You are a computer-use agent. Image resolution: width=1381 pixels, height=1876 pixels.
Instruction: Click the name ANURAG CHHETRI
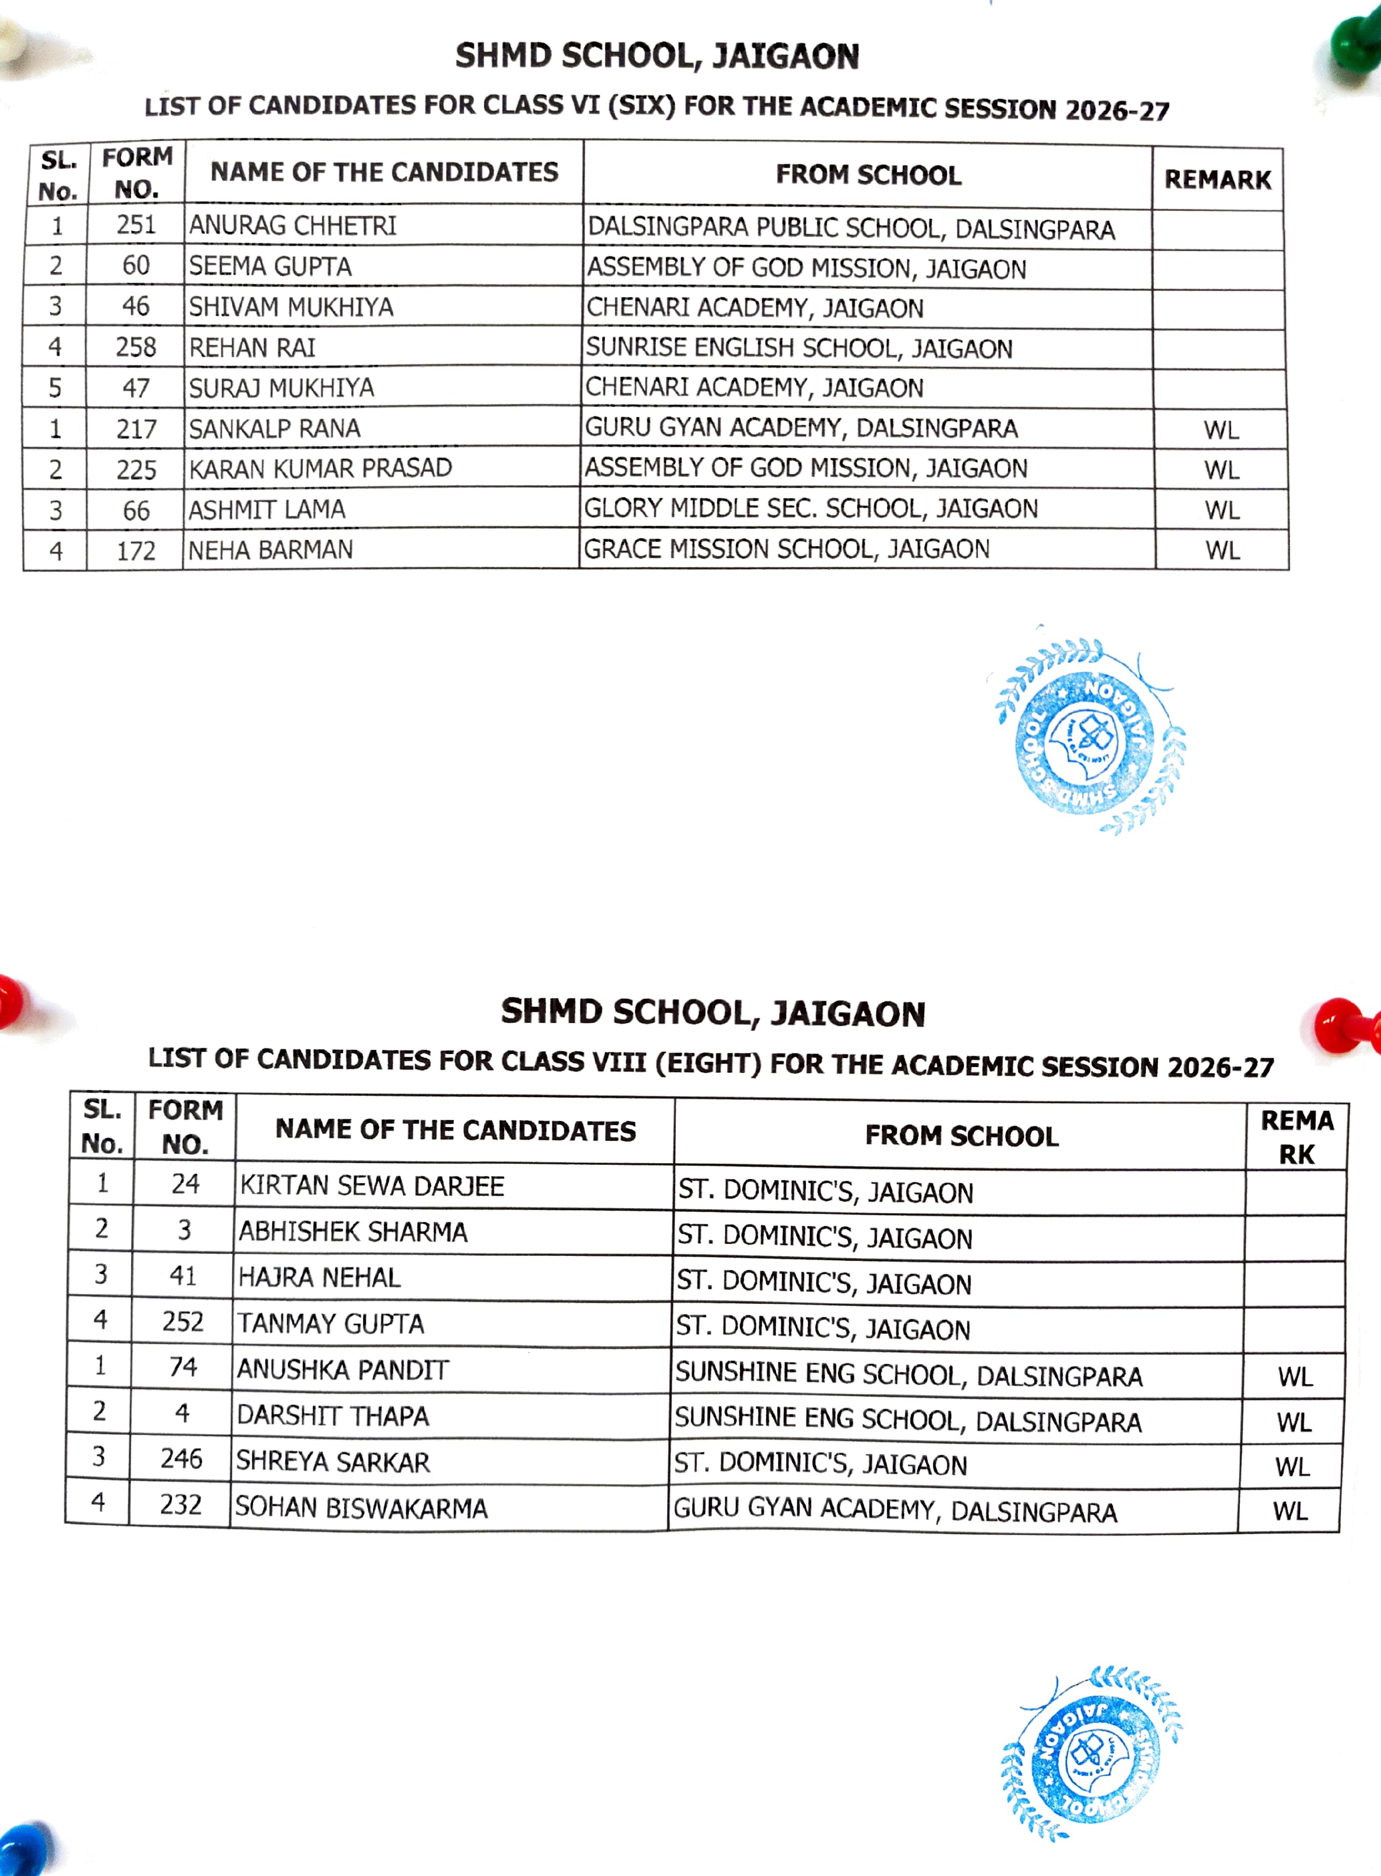click(x=293, y=226)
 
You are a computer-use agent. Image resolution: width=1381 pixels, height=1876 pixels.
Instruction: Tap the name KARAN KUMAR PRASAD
click(x=320, y=469)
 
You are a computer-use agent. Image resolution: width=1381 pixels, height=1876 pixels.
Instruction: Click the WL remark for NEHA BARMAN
click(x=1221, y=550)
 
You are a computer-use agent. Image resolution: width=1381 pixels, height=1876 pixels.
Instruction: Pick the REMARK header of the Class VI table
click(x=1217, y=180)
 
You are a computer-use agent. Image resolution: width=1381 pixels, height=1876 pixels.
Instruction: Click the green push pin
click(x=1355, y=46)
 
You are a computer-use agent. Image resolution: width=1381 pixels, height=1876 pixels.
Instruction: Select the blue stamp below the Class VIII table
click(x=1090, y=1755)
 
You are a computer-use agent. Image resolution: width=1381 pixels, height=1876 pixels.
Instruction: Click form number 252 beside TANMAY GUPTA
click(x=183, y=1322)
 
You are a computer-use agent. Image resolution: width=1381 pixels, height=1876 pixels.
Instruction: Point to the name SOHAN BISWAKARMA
click(x=361, y=1507)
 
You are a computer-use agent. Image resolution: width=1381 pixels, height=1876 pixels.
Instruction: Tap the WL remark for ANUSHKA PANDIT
click(x=1295, y=1376)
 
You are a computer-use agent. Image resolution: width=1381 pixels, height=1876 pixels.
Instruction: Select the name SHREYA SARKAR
click(x=332, y=1462)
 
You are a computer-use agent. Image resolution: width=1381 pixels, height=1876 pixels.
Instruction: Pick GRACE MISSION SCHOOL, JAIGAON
click(x=786, y=549)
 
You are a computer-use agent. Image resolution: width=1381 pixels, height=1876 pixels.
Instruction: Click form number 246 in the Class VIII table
click(x=181, y=1459)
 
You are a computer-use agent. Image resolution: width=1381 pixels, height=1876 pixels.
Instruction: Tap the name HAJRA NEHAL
click(x=319, y=1277)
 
